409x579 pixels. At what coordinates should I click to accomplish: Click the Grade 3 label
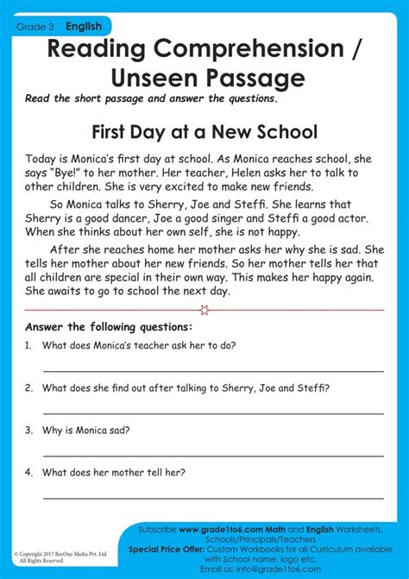tap(32, 28)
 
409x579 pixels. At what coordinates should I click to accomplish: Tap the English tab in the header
tap(84, 28)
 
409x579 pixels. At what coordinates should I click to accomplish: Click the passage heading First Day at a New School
tap(204, 132)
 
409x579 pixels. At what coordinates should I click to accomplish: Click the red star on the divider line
tap(204, 309)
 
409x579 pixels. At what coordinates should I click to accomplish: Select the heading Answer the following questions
tap(109, 327)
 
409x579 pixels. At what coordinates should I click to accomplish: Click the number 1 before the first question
tap(28, 345)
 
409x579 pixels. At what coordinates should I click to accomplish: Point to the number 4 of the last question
tap(28, 472)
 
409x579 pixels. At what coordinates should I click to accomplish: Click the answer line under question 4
tap(212, 497)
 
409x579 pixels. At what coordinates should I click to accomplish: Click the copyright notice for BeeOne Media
tap(60, 556)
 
